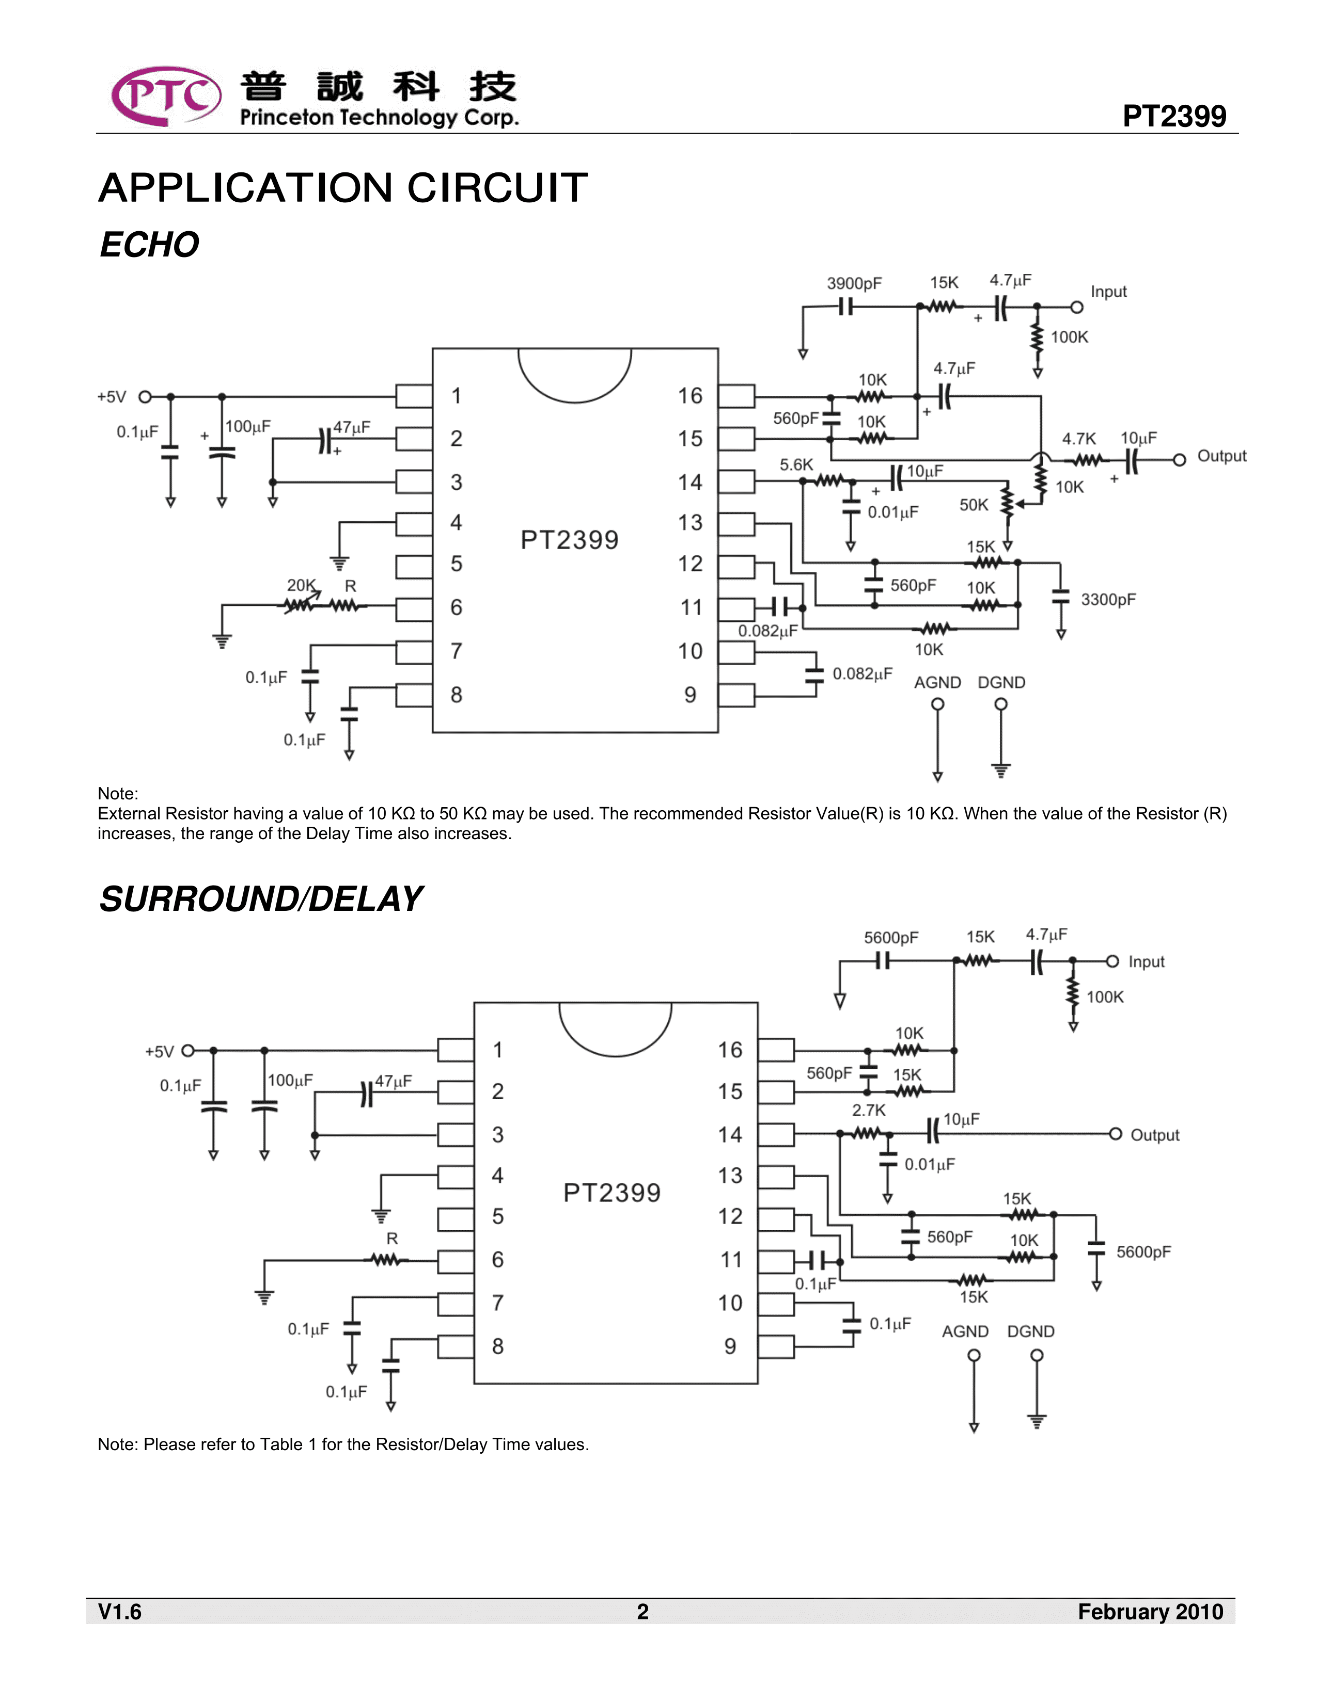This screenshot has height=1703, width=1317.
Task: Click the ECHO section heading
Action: (x=149, y=245)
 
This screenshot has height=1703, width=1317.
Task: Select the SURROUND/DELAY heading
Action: (x=261, y=899)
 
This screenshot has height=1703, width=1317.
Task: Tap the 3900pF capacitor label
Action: (x=854, y=284)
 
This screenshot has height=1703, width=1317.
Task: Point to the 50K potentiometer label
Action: (x=974, y=505)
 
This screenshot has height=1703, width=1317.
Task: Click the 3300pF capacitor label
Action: (x=1108, y=600)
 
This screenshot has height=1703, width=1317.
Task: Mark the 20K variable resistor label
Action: (x=301, y=585)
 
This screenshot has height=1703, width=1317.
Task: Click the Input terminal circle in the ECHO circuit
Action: (x=1077, y=307)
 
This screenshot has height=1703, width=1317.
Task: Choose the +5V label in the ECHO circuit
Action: (x=112, y=397)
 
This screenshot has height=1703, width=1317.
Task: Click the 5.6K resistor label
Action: (x=796, y=465)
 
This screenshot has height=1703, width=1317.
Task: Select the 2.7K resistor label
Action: (x=868, y=1111)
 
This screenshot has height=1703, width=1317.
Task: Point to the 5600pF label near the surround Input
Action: (x=891, y=938)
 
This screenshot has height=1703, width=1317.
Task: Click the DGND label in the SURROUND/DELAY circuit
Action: (x=1031, y=1332)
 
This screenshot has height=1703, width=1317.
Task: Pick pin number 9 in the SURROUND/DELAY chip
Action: (x=730, y=1346)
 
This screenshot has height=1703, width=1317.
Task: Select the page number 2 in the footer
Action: (x=643, y=1612)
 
